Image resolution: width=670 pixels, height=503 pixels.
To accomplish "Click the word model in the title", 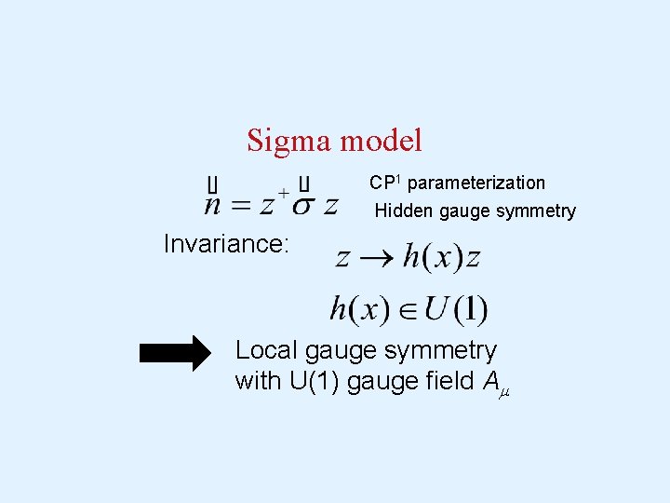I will coord(382,141).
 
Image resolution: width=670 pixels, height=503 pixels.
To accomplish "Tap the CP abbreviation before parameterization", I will coord(382,183).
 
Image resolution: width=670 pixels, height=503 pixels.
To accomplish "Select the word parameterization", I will coord(476,183).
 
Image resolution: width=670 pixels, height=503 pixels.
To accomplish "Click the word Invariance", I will coord(227,244).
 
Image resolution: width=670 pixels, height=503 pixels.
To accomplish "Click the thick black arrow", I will coord(176,353).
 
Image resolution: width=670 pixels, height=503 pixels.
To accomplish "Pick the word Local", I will coord(268,350).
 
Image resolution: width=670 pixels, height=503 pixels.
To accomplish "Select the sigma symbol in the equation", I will coord(303,204).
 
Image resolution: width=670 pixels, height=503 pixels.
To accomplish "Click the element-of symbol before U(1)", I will coord(409,309).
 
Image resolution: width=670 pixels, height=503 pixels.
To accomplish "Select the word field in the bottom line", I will coord(441,381).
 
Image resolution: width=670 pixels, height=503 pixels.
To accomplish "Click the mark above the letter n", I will coord(213,183).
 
